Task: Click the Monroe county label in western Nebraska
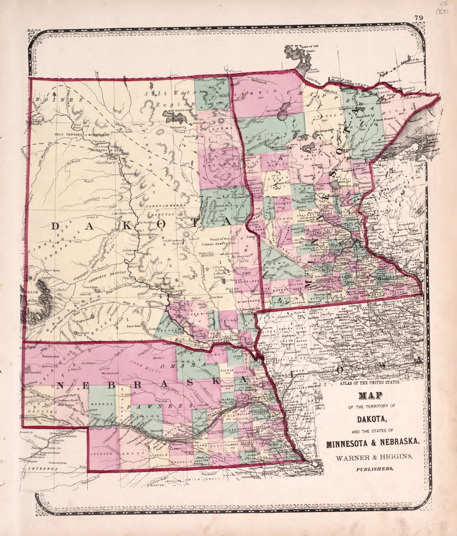[x=102, y=403]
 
